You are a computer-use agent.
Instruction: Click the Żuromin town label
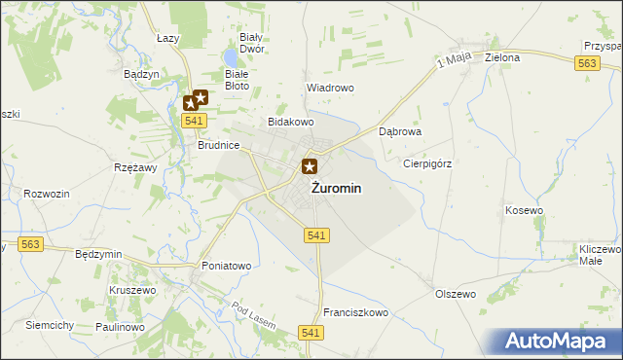337,189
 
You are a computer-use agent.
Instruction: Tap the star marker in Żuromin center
310,167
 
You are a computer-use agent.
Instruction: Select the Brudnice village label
218,144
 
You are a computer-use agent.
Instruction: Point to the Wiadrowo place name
330,87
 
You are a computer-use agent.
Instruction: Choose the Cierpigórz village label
428,163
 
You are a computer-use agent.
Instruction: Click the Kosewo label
524,210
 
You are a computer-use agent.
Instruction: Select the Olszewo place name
455,293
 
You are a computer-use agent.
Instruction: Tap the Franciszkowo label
355,313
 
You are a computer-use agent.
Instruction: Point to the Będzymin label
98,254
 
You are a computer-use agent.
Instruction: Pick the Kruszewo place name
132,290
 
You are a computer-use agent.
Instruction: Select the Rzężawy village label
135,167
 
